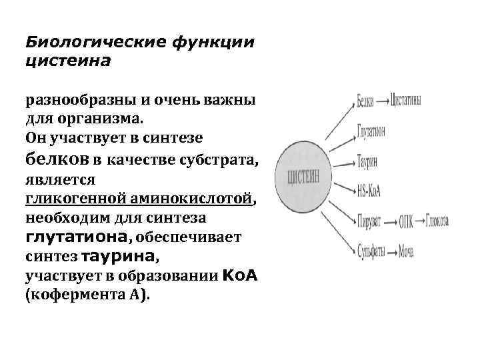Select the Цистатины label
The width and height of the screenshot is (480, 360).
405,101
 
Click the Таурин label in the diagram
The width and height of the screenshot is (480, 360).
368,163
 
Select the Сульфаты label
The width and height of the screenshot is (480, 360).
372,251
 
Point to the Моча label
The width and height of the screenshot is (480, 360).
407,251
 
